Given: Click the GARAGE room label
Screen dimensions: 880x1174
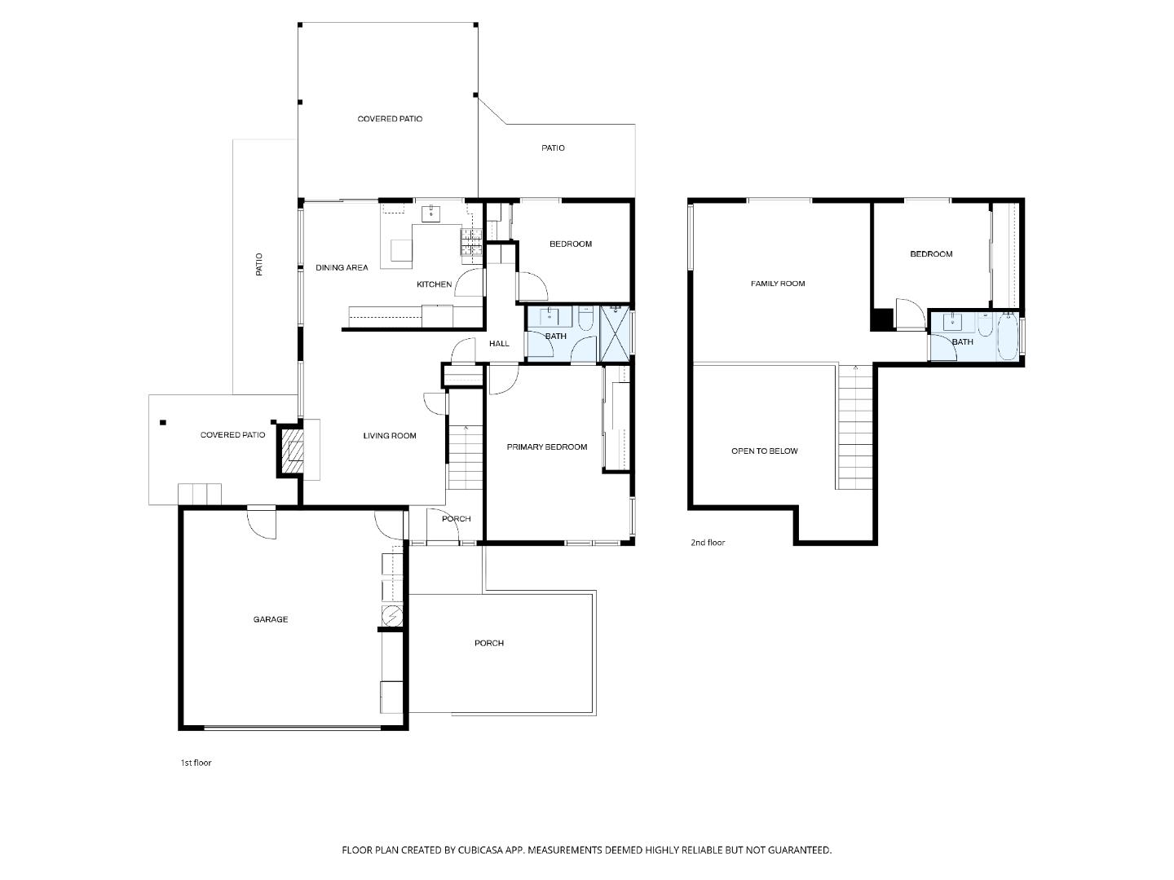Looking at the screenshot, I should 270,619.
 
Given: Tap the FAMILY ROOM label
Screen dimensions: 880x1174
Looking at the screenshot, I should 778,284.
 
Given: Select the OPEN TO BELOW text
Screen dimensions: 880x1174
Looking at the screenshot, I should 764,451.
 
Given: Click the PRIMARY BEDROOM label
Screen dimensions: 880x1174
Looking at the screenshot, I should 546,447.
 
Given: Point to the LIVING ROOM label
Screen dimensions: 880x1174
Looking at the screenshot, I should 390,436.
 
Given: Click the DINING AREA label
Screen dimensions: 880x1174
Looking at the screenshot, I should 342,267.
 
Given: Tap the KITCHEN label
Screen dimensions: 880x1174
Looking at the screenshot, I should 434,284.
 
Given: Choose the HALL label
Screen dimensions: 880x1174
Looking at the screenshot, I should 499,344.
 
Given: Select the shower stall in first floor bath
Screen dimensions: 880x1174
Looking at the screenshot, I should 616,333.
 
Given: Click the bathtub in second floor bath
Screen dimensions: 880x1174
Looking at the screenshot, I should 1008,337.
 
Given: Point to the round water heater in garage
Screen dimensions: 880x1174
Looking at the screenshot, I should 392,614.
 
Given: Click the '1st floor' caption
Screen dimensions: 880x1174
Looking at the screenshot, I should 196,763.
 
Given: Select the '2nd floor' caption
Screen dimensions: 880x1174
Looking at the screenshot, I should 708,543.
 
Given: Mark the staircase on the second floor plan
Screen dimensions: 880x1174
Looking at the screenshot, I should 855,428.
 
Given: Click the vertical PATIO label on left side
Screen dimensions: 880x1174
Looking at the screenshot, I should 259,265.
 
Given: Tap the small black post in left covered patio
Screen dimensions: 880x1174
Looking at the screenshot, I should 163,422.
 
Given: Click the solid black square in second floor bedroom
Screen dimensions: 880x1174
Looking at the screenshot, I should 881,319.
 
